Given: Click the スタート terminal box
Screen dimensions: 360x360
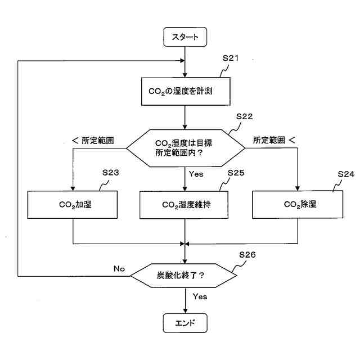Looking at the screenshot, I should (185, 37).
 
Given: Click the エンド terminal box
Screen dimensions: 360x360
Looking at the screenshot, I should (185, 323).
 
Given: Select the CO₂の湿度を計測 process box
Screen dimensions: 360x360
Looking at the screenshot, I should (185, 92).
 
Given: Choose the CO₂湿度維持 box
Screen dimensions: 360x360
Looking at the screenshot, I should (185, 204).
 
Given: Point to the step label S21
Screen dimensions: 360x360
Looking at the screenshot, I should (232, 58).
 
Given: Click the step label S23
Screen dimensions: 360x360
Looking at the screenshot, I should (110, 173).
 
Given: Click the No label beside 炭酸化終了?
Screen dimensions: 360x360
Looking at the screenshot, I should (119, 268).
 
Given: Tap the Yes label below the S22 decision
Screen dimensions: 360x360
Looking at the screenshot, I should (196, 174).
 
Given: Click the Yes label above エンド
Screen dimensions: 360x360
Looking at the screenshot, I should (200, 296).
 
